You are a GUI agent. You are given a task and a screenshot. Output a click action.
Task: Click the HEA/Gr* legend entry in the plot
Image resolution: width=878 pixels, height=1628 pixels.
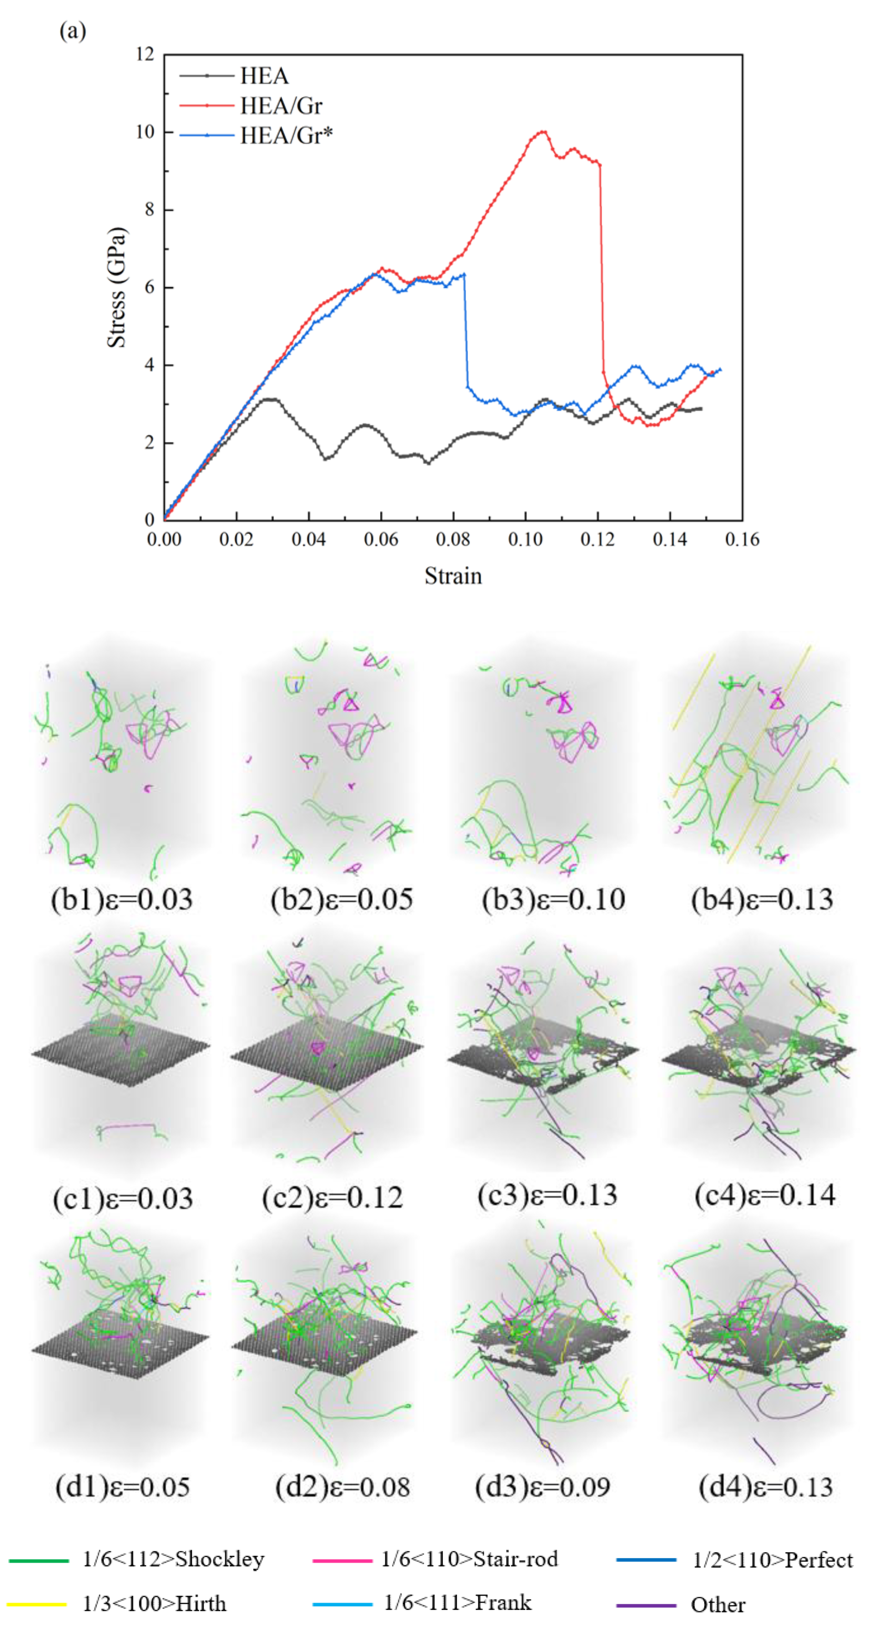(x=286, y=135)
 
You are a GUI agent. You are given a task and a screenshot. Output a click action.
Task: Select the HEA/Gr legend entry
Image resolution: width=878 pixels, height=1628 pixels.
(x=281, y=105)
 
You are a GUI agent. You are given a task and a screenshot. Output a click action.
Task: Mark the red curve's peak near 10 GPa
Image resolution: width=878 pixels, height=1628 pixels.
(x=542, y=131)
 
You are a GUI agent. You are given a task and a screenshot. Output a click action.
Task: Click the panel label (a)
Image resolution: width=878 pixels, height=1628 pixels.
(x=73, y=31)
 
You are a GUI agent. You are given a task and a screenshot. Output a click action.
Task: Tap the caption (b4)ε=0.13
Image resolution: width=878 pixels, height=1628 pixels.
(x=762, y=899)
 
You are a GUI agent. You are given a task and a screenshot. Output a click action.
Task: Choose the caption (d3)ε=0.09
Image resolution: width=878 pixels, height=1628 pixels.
(x=542, y=1487)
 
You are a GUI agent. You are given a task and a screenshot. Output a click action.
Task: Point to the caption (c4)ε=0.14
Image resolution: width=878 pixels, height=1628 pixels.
(x=765, y=1194)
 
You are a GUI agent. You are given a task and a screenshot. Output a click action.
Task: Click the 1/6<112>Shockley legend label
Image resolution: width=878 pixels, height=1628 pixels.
(x=173, y=1559)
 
